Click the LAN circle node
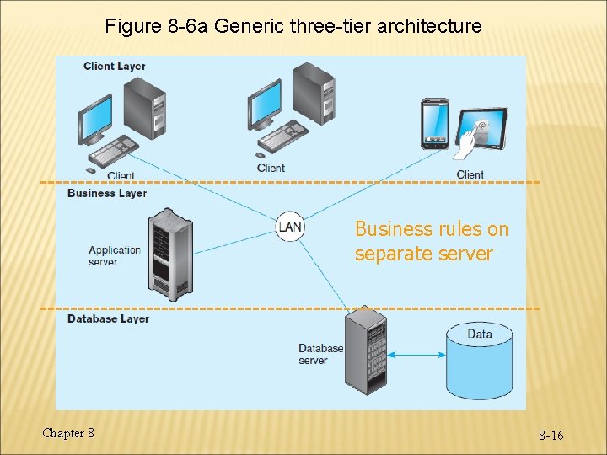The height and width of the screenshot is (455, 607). [x=289, y=227]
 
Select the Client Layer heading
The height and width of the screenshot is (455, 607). [x=115, y=67]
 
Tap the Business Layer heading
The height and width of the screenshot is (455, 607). [x=107, y=193]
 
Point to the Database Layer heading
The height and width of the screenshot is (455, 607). [x=108, y=318]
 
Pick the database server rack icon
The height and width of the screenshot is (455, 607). [x=366, y=350]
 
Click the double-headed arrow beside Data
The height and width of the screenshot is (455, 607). [x=418, y=355]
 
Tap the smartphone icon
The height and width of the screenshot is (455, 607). [x=434, y=124]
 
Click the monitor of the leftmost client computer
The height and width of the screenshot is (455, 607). [x=95, y=119]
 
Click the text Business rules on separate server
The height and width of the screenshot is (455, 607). [x=432, y=241]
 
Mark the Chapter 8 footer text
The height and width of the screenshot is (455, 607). [x=68, y=433]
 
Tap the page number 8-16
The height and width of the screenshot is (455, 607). [x=551, y=435]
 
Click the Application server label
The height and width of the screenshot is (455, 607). [x=115, y=255]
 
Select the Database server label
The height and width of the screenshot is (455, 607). [x=320, y=354]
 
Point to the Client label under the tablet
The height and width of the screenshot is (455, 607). [x=470, y=174]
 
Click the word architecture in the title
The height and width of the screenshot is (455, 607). [x=430, y=26]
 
